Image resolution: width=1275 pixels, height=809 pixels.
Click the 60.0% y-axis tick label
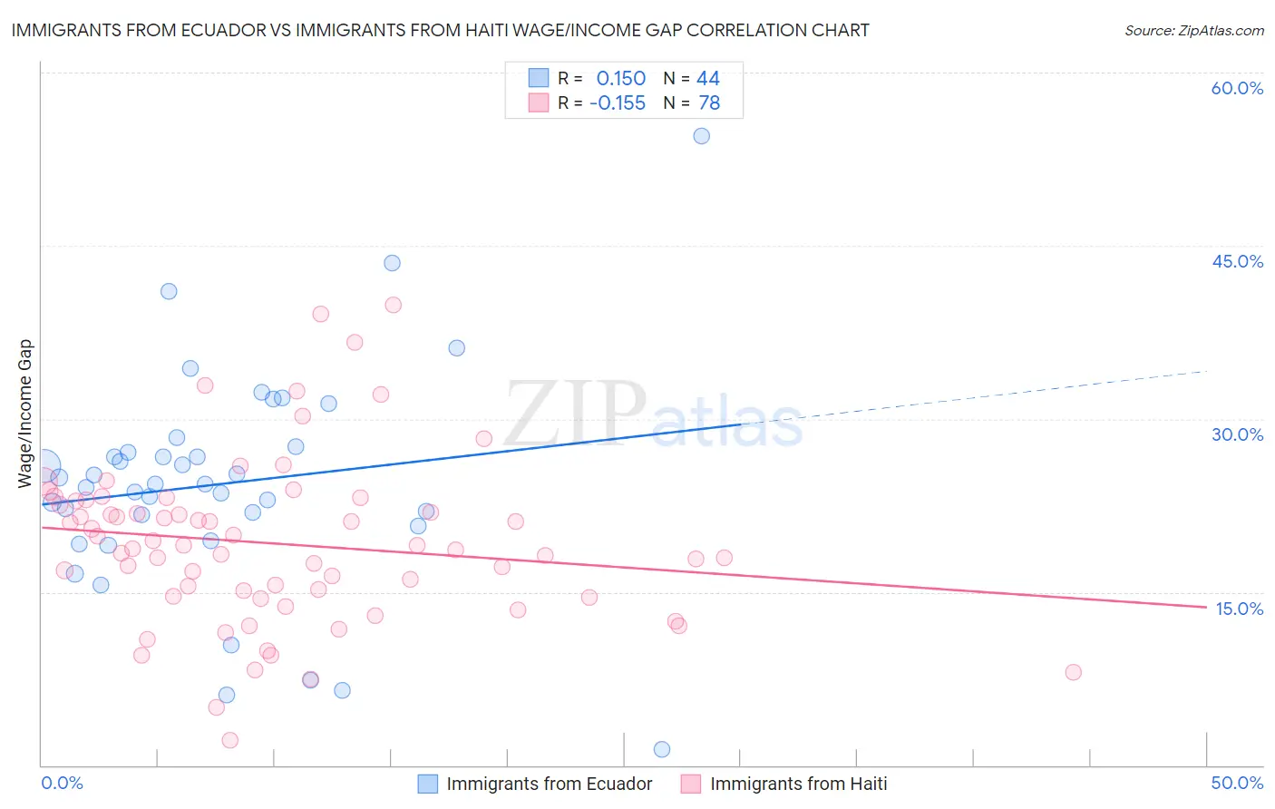point(1237,88)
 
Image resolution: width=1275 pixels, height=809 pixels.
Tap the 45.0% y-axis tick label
point(1237,261)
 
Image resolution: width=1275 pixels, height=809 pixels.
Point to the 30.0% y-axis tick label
point(1237,434)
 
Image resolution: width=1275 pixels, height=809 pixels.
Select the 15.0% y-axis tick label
point(1239,609)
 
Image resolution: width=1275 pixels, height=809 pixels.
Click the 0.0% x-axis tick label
point(63,783)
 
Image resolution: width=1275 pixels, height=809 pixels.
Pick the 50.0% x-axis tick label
point(1237,783)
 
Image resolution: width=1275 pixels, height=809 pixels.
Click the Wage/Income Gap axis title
point(25,414)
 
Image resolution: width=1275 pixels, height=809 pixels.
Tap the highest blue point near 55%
point(701,136)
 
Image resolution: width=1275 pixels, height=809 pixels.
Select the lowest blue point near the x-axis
point(662,749)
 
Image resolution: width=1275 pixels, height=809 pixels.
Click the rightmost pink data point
point(1073,672)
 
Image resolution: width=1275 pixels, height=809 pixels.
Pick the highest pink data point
point(393,305)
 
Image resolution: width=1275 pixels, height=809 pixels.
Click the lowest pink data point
point(230,740)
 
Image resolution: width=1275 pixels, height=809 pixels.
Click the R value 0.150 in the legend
point(620,79)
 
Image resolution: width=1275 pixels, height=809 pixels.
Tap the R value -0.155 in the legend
point(618,103)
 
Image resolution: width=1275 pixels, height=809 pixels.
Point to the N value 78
point(709,103)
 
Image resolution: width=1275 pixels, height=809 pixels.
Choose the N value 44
point(708,79)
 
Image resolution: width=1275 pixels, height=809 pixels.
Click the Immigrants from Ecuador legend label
point(549,784)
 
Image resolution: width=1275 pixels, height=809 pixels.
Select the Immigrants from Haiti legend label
point(798,784)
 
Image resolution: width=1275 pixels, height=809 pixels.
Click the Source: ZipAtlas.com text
point(1193,31)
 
